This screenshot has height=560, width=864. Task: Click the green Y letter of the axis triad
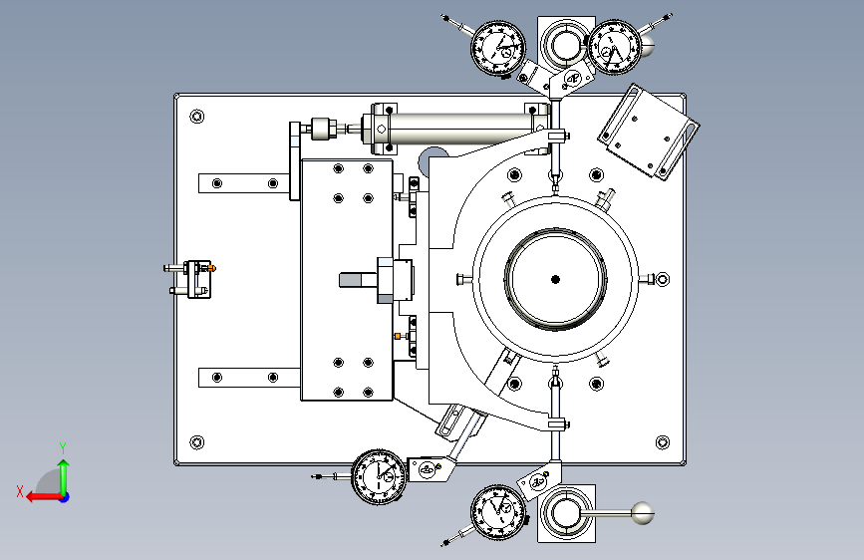(63, 447)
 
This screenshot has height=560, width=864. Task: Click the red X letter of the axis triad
(20, 489)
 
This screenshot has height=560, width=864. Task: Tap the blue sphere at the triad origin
(64, 495)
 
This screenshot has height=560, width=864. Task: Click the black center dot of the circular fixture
(555, 279)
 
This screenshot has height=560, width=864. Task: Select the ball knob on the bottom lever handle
(643, 514)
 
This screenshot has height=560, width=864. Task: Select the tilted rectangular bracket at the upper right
(649, 133)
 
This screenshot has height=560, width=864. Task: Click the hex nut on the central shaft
(385, 279)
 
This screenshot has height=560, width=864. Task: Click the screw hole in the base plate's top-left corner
(196, 117)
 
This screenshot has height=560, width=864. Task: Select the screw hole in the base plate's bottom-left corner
(196, 443)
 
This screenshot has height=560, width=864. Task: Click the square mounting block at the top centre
(564, 43)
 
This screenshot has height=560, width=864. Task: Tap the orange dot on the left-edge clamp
(212, 267)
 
